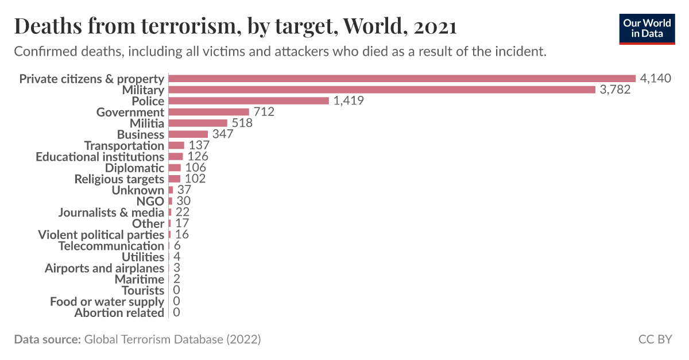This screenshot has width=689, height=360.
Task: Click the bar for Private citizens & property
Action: (402, 79)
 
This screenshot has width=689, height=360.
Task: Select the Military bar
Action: (382, 90)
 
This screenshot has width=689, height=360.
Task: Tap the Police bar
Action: (249, 101)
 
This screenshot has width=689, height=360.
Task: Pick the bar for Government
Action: (209, 112)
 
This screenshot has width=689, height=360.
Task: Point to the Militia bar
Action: (198, 123)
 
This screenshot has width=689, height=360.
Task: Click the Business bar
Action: (188, 134)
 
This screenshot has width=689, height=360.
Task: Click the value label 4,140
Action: (655, 79)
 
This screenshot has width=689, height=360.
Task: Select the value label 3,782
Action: (615, 90)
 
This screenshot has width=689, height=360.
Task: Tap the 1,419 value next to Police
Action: (349, 101)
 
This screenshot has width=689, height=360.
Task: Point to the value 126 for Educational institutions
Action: (198, 157)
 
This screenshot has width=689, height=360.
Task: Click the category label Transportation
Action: (124, 146)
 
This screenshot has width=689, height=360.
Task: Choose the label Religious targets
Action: (119, 179)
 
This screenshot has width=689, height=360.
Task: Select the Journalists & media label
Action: (111, 212)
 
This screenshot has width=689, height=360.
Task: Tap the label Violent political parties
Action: (101, 235)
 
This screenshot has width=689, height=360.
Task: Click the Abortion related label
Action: (119, 313)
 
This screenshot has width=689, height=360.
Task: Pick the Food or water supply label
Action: (107, 301)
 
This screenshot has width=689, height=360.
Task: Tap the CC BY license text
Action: (655, 339)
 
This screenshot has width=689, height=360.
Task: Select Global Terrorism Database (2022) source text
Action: (172, 339)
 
